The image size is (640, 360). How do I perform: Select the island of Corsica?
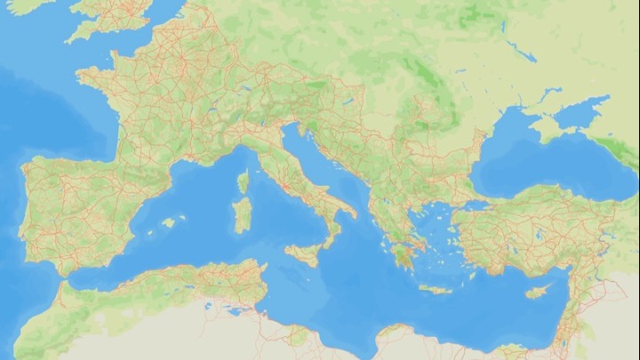(x=243, y=183)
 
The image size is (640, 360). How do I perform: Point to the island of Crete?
(x=436, y=290)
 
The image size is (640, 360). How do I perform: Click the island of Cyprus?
(x=536, y=292)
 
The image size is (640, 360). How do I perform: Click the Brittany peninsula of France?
(x=94, y=79)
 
